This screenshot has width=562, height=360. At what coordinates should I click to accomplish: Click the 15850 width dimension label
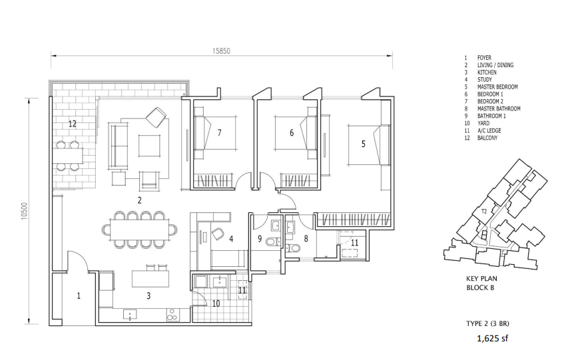click(x=221, y=51)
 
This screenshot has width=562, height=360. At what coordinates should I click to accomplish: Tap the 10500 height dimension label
click(x=25, y=212)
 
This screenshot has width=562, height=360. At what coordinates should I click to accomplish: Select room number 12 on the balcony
click(x=73, y=124)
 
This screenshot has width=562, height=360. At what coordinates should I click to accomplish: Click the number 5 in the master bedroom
click(x=364, y=144)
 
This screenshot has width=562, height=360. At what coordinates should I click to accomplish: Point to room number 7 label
click(x=219, y=132)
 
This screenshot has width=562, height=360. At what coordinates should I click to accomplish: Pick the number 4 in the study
click(x=232, y=239)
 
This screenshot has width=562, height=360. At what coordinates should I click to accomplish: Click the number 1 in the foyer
click(x=79, y=295)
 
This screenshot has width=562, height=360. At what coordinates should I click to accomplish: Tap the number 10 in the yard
click(x=216, y=303)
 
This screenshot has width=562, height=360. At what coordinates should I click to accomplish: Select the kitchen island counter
click(x=150, y=279)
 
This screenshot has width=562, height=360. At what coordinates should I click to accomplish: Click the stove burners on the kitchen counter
click(x=172, y=315)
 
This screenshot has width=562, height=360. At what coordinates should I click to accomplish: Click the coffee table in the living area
click(x=150, y=146)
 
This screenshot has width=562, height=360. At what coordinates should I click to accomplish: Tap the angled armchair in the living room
click(x=156, y=116)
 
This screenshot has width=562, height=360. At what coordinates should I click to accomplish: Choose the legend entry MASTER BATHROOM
click(x=499, y=108)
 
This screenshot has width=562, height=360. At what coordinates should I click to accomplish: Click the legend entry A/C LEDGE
click(x=489, y=130)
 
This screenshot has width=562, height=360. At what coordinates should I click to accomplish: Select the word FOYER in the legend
click(x=484, y=58)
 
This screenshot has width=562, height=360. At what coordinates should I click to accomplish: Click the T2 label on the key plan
click(x=484, y=211)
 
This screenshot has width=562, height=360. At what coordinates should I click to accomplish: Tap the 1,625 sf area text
click(x=493, y=338)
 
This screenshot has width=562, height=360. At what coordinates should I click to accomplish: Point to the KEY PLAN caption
click(x=481, y=279)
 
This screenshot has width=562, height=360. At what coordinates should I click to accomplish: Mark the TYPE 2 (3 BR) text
click(x=487, y=324)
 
